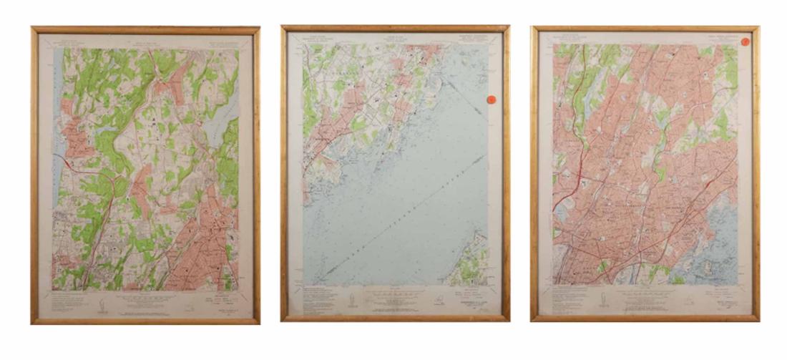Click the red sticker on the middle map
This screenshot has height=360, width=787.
tap(492, 101)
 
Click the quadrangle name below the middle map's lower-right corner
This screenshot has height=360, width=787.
tap(468, 303)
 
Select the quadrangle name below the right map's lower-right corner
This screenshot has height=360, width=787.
tap(718, 306)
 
